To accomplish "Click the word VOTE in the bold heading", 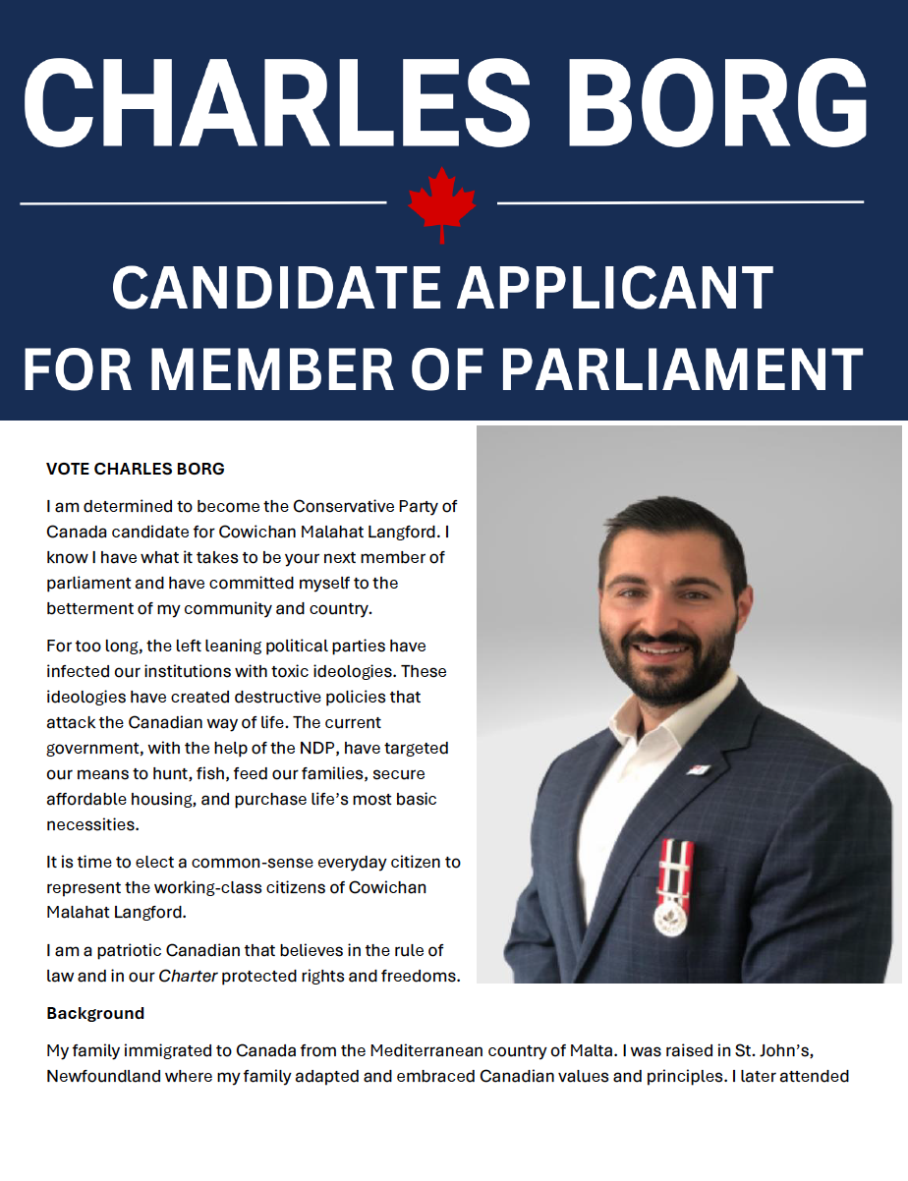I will click(x=68, y=469).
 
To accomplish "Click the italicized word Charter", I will click(x=188, y=976).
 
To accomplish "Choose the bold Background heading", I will click(x=95, y=1013).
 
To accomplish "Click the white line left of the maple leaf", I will click(x=202, y=203).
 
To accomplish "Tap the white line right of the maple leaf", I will click(x=680, y=202).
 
